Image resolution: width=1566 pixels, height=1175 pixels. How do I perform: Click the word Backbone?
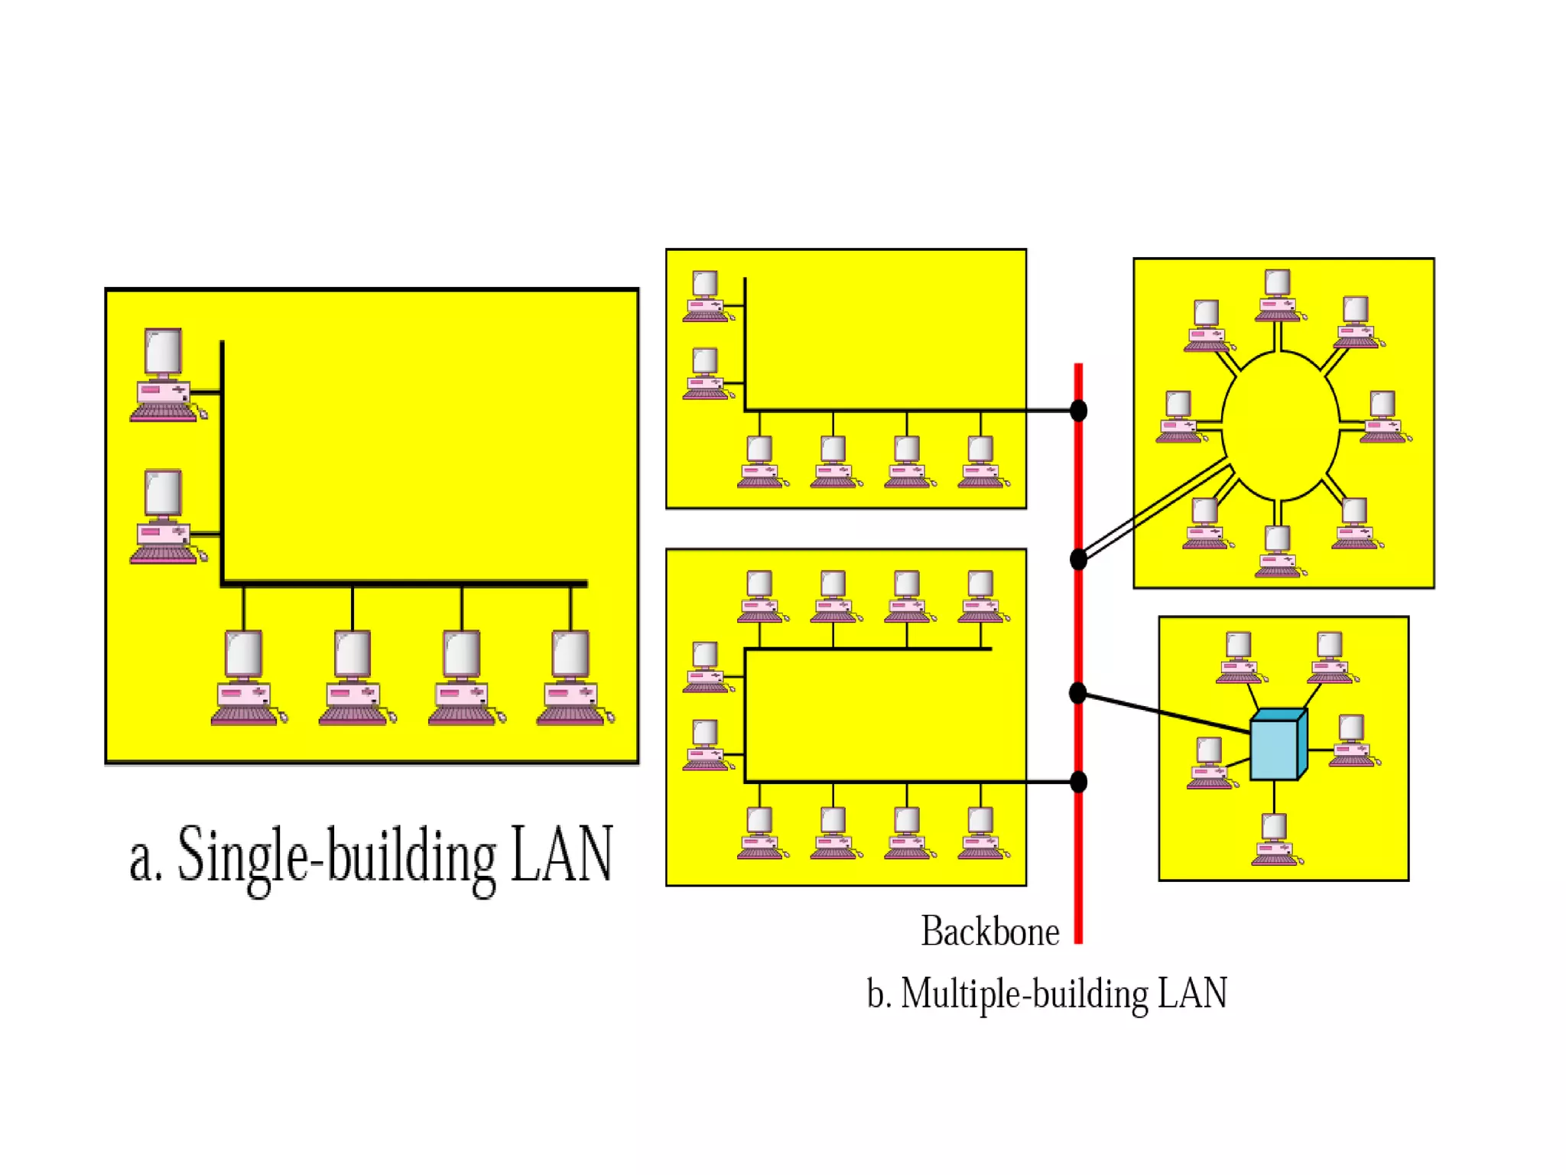coord(989,932)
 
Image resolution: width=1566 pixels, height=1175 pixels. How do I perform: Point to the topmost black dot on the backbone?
coord(1078,411)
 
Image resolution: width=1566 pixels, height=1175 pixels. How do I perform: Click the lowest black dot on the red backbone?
coord(1078,782)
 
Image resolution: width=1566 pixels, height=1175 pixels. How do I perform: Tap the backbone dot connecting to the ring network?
coord(1078,559)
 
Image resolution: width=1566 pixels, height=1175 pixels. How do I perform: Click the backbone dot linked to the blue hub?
coord(1078,693)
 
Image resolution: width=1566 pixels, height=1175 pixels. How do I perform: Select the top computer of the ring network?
coord(1278,295)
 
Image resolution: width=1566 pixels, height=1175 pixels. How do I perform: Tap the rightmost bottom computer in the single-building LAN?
coord(571,677)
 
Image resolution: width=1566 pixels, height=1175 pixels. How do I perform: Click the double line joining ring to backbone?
coord(1155,509)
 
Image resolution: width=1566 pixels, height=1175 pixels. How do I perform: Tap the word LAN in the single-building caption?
coord(562,855)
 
